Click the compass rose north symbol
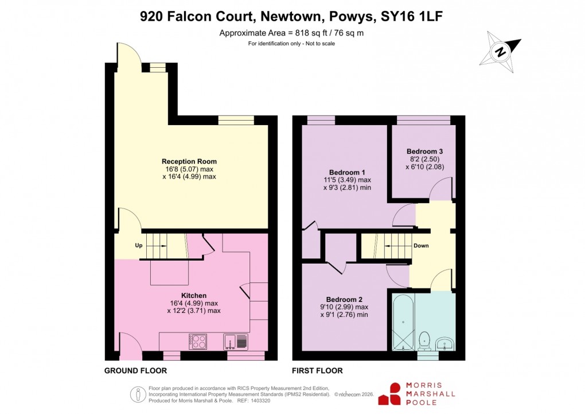501,52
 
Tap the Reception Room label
189,161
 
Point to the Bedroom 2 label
344,299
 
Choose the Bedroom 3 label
425,152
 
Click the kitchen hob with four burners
198,341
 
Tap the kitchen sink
236,342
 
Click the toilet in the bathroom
425,340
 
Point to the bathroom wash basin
444,344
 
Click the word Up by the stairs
138,245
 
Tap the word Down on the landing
421,246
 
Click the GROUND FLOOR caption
135,371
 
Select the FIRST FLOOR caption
317,371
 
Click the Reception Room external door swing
126,56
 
